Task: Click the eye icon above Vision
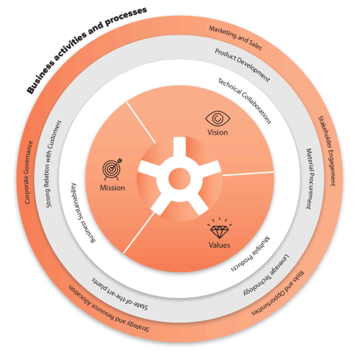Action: coord(217,118)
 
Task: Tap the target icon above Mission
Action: coord(112,170)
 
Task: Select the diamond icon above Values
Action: coord(220,228)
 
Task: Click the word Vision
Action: coord(217,132)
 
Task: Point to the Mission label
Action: coord(112,188)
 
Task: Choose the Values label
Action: coord(220,245)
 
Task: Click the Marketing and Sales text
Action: coord(235,38)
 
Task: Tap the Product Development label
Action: coord(243,65)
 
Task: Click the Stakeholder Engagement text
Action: coord(327,150)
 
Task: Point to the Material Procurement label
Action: coord(310,179)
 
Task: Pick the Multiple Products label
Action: coord(251,254)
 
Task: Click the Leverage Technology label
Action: coord(266,275)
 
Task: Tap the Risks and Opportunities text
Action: coord(278,293)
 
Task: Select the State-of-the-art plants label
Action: coord(120,294)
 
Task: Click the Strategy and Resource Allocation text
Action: coord(109,308)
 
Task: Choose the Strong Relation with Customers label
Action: coord(53,164)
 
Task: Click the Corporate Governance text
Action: coord(29,172)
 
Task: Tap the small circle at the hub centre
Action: coord(179,179)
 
